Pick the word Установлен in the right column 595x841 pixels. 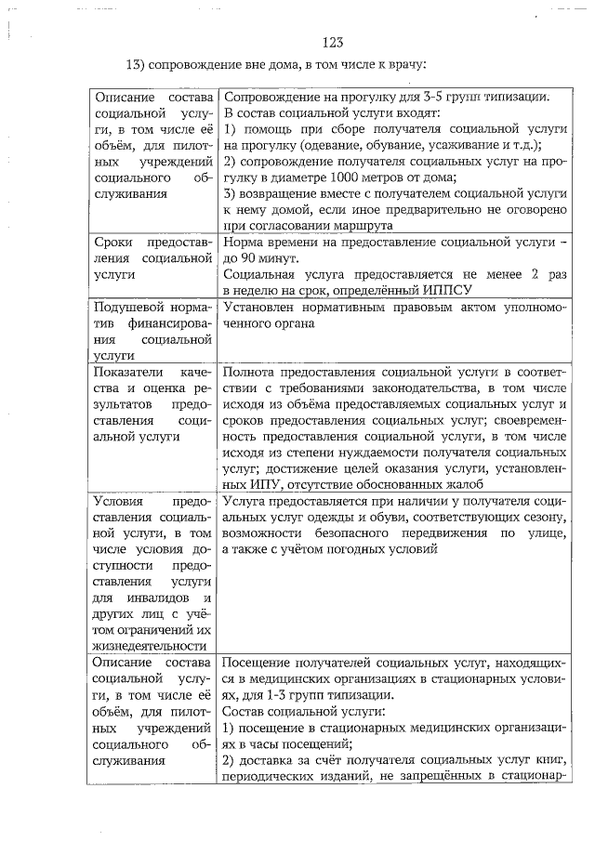pyautogui.click(x=261, y=307)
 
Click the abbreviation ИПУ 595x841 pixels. pyautogui.click(x=239, y=483)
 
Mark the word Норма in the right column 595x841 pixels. pyautogui.click(x=243, y=242)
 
